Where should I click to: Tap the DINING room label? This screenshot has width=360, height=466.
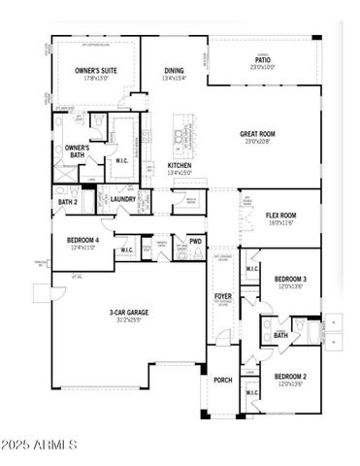[x=174, y=70]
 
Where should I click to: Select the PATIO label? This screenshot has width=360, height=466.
[x=263, y=59]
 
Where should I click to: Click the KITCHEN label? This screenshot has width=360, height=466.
[x=180, y=165]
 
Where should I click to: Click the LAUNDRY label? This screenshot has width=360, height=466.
[x=122, y=199]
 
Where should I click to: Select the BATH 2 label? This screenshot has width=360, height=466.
[x=67, y=202]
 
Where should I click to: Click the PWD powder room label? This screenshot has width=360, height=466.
[x=195, y=242]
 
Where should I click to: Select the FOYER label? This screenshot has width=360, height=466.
[x=222, y=294]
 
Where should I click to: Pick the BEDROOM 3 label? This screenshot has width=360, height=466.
[x=289, y=279]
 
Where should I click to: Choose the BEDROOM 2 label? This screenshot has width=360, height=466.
[x=289, y=376]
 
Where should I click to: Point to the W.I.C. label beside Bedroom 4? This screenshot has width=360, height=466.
[x=126, y=250]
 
